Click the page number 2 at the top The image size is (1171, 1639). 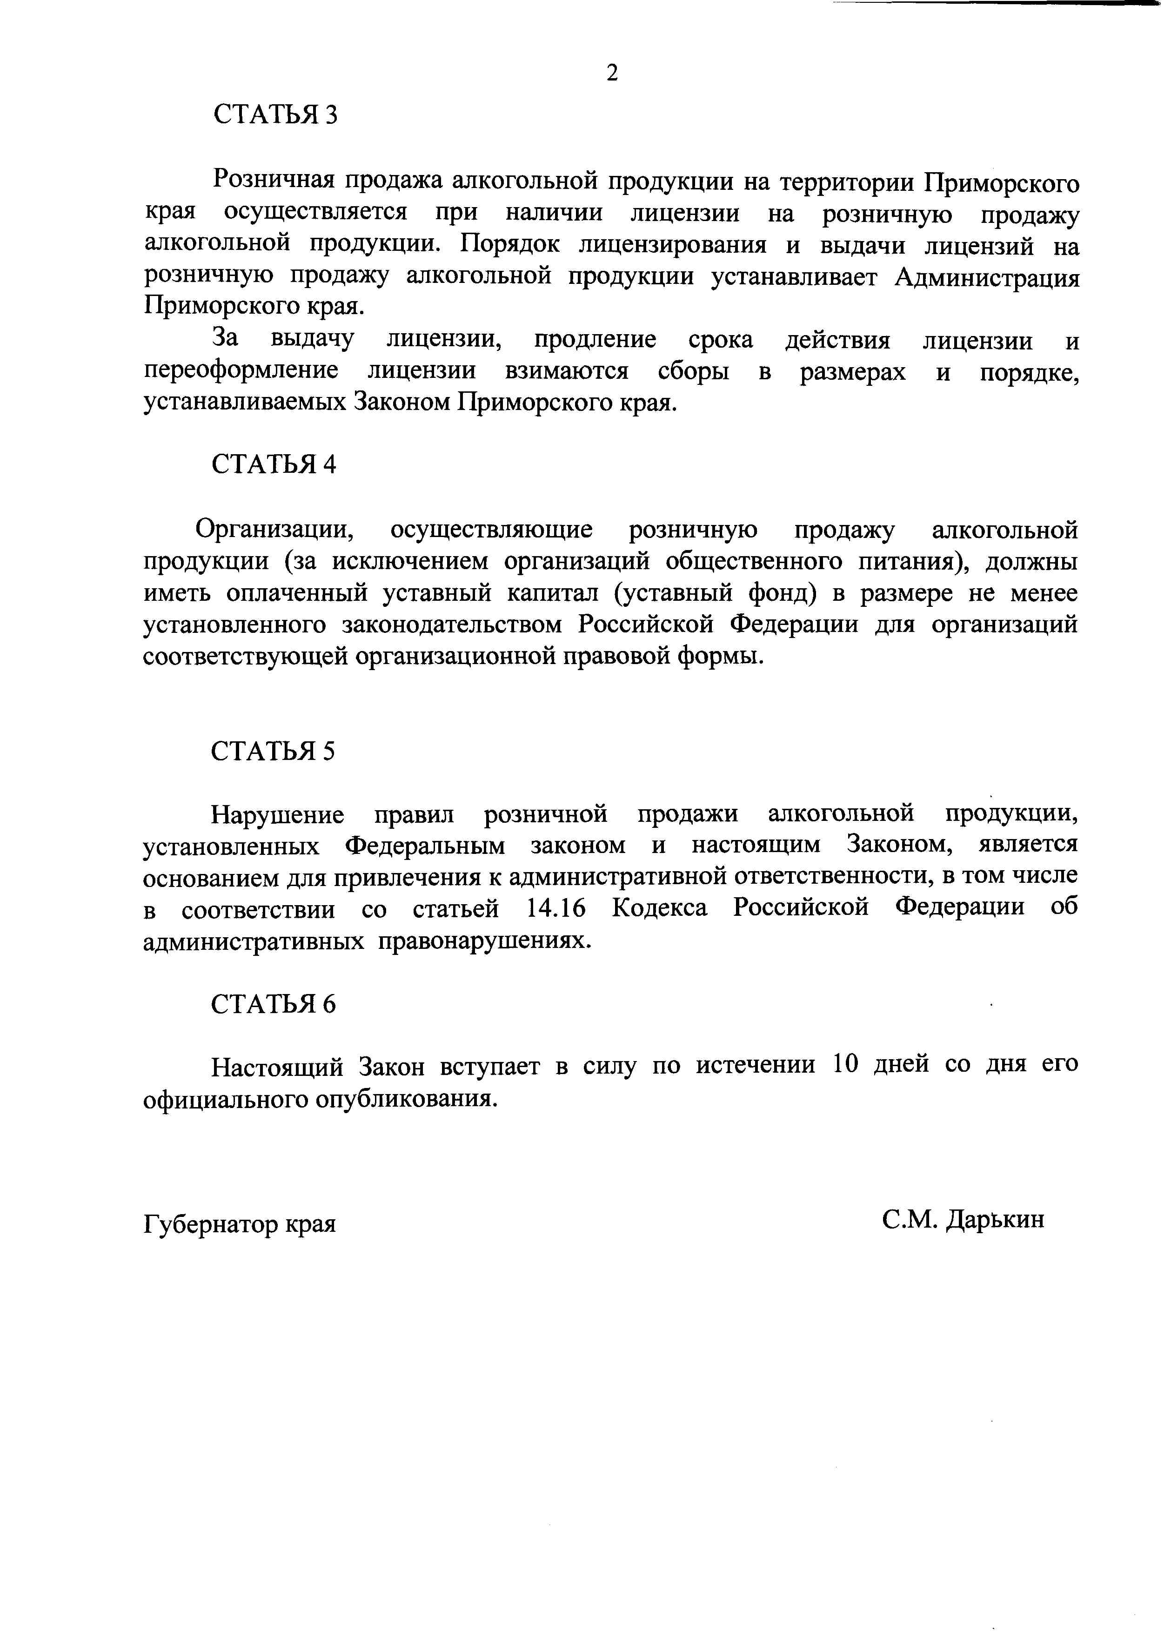(x=612, y=73)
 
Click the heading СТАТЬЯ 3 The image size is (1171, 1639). (x=275, y=114)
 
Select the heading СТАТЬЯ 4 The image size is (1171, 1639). (x=274, y=464)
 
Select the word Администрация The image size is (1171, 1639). (x=987, y=278)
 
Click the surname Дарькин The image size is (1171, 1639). (x=995, y=1219)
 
